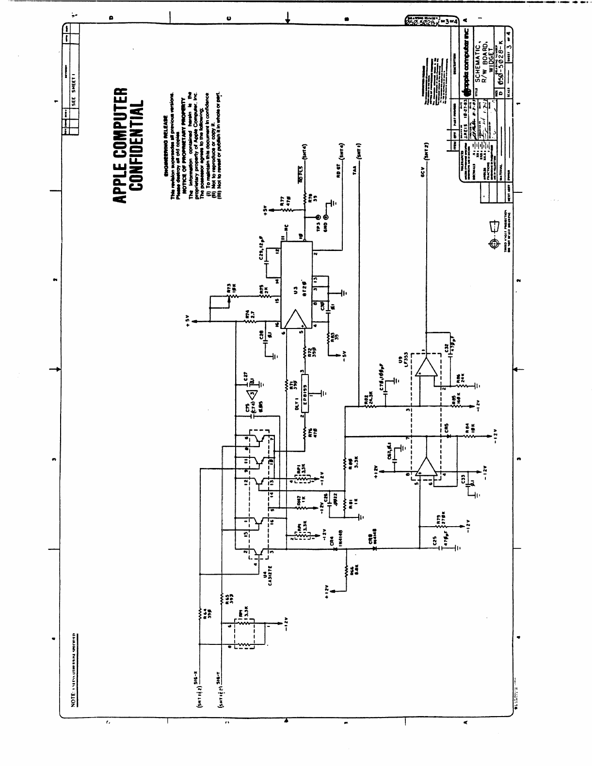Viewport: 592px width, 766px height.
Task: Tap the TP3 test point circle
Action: pyautogui.click(x=319, y=218)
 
